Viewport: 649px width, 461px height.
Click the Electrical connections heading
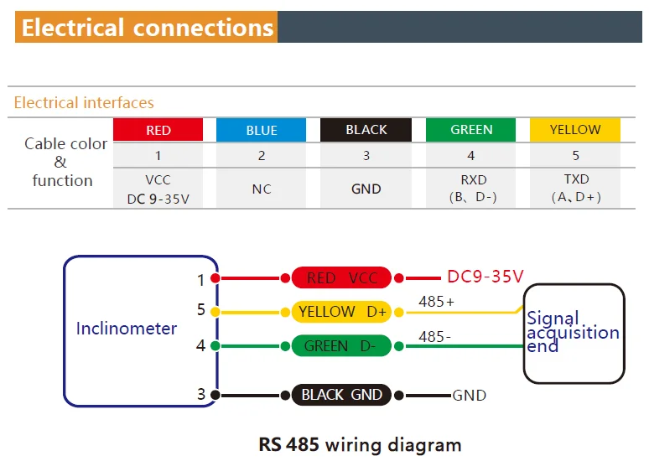point(148,27)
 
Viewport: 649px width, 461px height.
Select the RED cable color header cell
point(158,130)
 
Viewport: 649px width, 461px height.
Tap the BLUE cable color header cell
point(262,130)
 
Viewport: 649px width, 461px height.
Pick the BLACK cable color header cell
point(366,130)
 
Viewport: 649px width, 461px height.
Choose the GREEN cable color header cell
point(471,130)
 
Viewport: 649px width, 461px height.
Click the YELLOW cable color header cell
point(575,130)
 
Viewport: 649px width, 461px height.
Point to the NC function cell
point(262,189)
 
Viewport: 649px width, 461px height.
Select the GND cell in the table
point(366,189)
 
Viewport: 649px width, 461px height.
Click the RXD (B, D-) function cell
point(471,189)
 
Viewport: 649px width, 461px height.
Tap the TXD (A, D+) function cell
point(575,189)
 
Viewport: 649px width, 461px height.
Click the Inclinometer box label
point(127,328)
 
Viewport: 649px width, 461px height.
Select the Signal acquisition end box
point(574,332)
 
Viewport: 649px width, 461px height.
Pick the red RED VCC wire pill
point(341,278)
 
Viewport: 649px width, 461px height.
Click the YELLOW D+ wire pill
point(341,312)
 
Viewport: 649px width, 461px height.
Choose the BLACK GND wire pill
point(341,395)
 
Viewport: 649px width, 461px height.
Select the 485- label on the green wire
point(434,336)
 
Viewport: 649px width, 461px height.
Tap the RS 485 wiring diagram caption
point(360,444)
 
